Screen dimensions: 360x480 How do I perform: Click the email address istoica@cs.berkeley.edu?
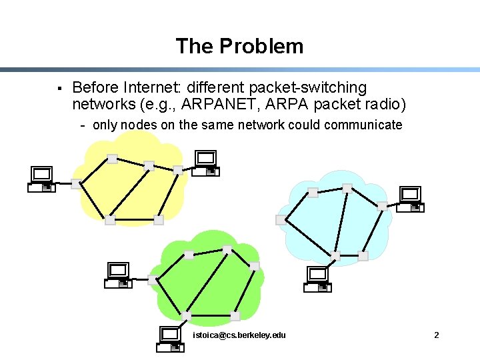[x=239, y=335]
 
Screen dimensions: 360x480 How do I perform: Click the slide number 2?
[x=436, y=335]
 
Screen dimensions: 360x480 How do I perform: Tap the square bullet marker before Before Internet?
[x=59, y=88]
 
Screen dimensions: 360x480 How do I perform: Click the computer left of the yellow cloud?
[x=41, y=179]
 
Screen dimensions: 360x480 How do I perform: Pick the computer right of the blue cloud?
[x=411, y=199]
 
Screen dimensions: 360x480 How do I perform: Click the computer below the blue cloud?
[x=317, y=279]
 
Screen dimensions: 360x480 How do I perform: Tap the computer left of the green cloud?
[x=119, y=275]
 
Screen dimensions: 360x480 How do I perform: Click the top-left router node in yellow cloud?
[x=113, y=159]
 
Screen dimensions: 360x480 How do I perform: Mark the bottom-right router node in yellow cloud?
[x=159, y=219]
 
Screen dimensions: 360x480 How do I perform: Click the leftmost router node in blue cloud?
[x=281, y=220]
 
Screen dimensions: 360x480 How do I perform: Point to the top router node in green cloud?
[x=227, y=250]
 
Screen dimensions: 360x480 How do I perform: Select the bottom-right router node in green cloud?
[x=235, y=316]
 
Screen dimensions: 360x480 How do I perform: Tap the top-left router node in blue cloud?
[x=313, y=193]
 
